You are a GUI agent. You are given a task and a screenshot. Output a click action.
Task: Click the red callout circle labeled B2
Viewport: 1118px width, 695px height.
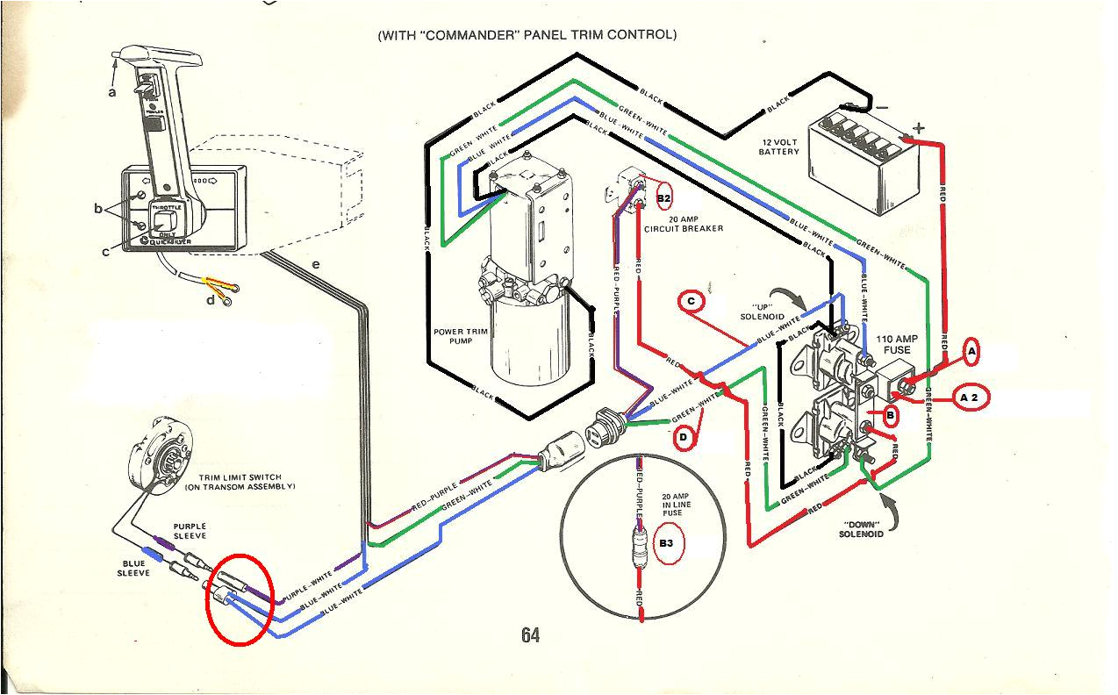coord(663,199)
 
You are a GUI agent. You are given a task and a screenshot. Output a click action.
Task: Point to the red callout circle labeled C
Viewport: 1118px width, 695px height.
coord(692,302)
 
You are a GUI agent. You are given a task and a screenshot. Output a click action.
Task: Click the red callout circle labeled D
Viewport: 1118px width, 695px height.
coord(685,436)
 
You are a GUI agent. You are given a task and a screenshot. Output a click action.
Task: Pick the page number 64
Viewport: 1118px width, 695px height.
coord(530,635)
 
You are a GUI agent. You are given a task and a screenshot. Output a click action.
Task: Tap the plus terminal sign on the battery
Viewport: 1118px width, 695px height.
coord(918,128)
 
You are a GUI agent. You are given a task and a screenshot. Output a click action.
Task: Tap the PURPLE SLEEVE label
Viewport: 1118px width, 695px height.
coord(189,531)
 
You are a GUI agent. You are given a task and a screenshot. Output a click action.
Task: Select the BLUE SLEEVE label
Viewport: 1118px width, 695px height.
coord(134,567)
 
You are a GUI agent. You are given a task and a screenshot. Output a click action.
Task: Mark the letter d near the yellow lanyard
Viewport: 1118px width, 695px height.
coord(210,301)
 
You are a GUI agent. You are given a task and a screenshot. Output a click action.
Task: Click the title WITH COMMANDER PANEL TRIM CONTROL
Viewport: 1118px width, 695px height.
coord(527,35)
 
